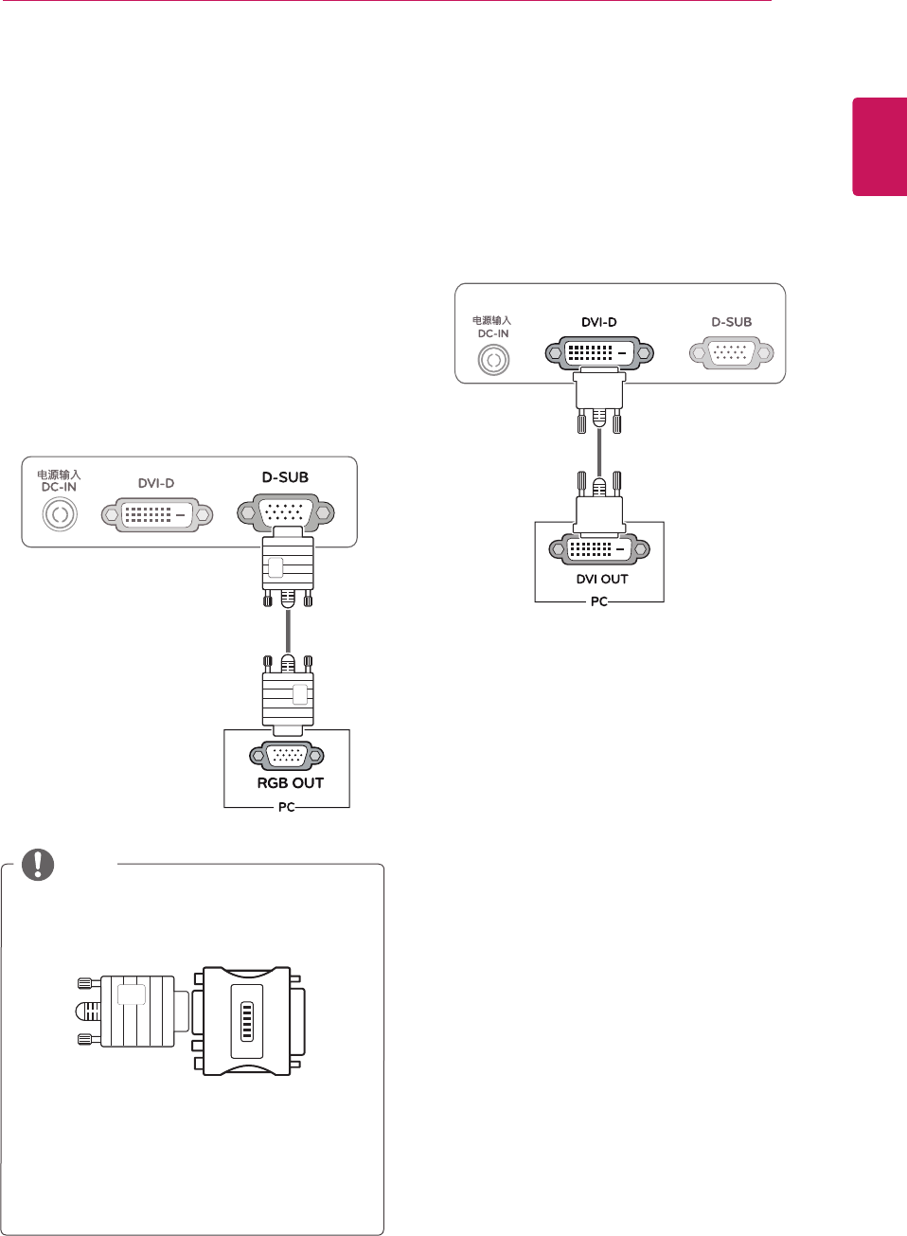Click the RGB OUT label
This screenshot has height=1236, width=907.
coord(291,783)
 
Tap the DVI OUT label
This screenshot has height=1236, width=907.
coord(602,579)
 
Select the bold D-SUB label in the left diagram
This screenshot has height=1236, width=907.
coord(285,477)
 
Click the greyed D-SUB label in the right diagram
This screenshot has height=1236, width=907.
coord(732,322)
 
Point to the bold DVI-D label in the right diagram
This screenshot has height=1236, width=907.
coord(599,322)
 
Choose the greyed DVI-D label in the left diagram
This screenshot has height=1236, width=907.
coord(156,483)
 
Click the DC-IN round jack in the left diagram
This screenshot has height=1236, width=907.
coord(60,514)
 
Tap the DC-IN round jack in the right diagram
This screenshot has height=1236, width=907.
coord(493,360)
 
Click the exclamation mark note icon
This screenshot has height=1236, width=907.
coord(38,863)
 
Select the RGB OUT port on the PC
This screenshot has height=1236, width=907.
coord(287,755)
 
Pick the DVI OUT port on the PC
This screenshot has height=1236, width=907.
coord(599,549)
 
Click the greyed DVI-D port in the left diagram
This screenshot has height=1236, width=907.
coord(157,514)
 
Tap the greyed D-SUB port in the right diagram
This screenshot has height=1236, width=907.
coord(732,353)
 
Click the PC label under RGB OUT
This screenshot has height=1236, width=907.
coord(287,807)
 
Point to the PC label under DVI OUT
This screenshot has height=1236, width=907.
coord(599,601)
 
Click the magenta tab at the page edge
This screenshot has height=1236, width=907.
coord(880,147)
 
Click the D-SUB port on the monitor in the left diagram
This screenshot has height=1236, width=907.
coord(287,512)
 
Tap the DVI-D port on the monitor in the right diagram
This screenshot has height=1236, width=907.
coord(599,353)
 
